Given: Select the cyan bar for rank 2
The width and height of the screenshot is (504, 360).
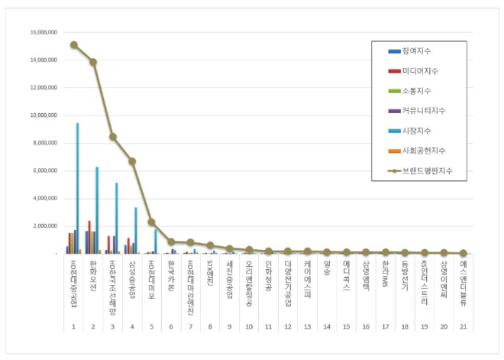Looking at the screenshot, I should coord(97,210).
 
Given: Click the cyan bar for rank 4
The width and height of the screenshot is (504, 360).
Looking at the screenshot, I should coord(136,230).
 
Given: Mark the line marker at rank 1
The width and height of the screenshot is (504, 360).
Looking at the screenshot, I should coord(73,44).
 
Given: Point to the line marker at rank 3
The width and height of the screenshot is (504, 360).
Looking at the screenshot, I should coord(112,137).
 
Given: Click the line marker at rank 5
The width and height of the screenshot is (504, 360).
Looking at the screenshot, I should coord(152,222).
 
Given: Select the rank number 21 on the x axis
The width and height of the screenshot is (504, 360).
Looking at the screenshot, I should coord(464,326).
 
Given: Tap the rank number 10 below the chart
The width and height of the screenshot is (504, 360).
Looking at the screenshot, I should coord(249,326).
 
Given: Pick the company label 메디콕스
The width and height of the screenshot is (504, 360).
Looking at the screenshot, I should coord(347,274).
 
